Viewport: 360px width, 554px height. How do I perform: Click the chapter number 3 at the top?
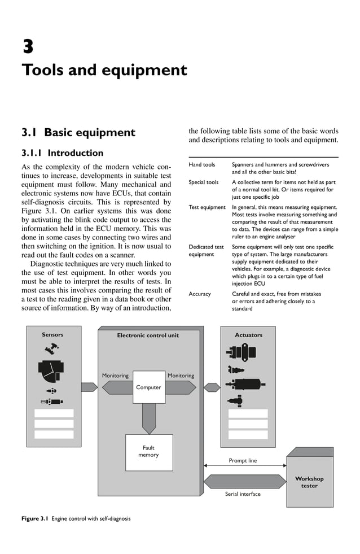[x=27, y=45]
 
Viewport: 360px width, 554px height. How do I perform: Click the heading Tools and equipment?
[x=104, y=71]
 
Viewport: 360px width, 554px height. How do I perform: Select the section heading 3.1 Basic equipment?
[x=78, y=133]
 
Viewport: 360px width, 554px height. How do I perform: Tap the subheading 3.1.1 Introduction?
[x=62, y=153]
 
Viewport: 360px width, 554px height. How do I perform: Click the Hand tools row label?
[x=202, y=165]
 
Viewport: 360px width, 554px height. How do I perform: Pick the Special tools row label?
[x=204, y=182]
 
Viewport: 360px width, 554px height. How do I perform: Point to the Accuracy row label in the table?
[x=200, y=294]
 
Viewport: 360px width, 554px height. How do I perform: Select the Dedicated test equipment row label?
[x=206, y=251]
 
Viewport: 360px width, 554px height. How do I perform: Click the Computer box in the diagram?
[x=149, y=387]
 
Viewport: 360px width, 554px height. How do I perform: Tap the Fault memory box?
[x=149, y=452]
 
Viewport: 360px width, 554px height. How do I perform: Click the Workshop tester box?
[x=309, y=482]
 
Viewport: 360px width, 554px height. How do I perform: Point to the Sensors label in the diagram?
[x=52, y=334]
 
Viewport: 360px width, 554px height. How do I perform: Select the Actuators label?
[x=248, y=335]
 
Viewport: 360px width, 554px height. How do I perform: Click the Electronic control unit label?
[x=148, y=335]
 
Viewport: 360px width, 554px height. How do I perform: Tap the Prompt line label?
[x=243, y=460]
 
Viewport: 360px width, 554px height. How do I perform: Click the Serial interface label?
[x=243, y=494]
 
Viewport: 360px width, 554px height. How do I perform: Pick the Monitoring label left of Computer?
[x=115, y=376]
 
